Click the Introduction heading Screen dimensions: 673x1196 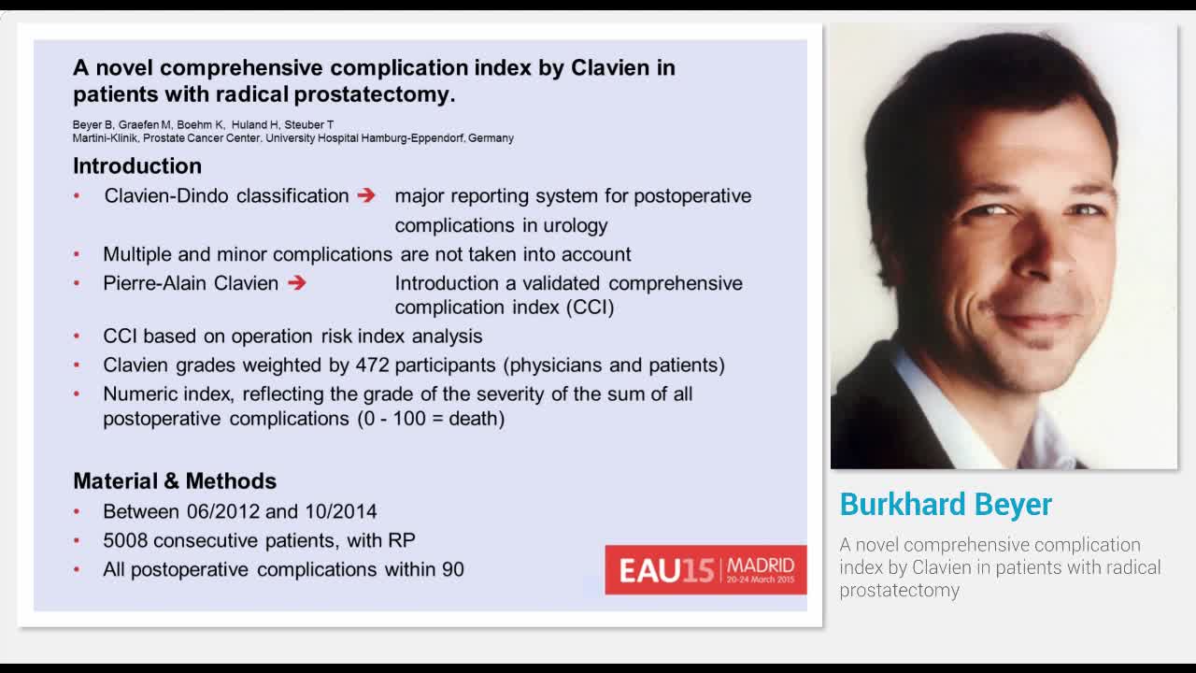137,165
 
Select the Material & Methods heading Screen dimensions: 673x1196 175,480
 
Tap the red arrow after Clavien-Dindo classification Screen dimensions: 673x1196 366,195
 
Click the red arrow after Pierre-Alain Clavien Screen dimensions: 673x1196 297,282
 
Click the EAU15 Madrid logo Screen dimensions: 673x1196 705,569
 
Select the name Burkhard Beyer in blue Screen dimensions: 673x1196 946,504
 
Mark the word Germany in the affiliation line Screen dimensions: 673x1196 491,138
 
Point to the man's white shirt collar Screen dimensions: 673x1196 925,393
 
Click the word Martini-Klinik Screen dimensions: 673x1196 105,138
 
